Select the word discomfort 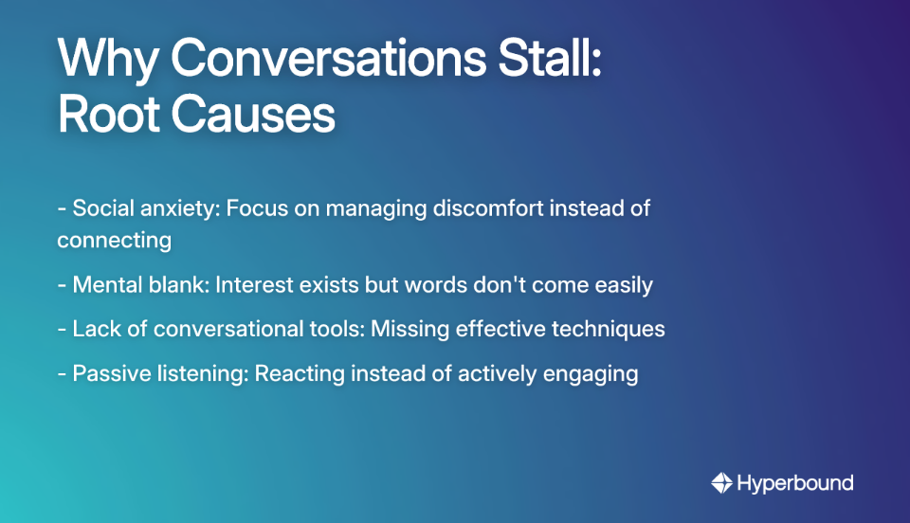click(x=493, y=207)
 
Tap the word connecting click(x=114, y=240)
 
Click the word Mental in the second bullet click(x=105, y=284)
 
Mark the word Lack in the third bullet click(x=94, y=329)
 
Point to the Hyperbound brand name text click(x=795, y=483)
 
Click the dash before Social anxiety click(x=62, y=208)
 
